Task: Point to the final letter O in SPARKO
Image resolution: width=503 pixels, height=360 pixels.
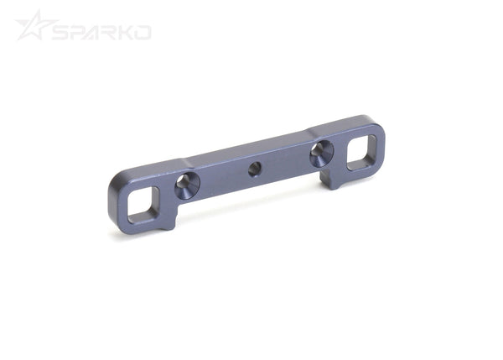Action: point(143,32)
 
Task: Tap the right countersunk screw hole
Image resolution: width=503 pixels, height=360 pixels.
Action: point(321,153)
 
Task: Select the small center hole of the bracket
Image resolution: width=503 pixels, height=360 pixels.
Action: point(254,170)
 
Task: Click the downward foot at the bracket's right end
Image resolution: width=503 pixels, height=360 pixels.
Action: point(335,176)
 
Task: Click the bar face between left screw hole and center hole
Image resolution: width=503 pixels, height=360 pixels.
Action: point(220,178)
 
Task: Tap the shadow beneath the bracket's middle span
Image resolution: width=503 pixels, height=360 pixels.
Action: point(251,205)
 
